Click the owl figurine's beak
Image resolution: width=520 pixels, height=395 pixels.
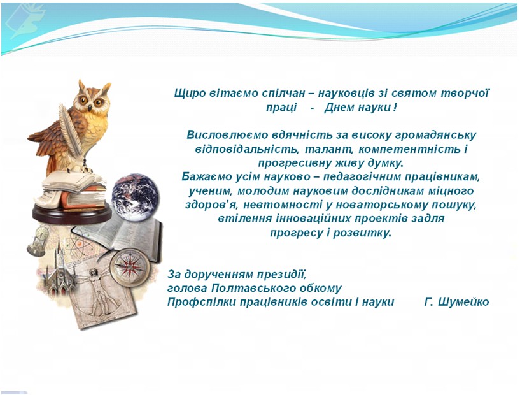[90, 107]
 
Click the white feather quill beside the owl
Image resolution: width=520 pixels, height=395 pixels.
[70, 131]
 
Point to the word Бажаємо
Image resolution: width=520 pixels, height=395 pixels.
[202, 176]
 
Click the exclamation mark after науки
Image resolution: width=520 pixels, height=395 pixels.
[394, 108]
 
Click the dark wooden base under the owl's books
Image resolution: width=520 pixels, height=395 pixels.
[72, 212]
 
